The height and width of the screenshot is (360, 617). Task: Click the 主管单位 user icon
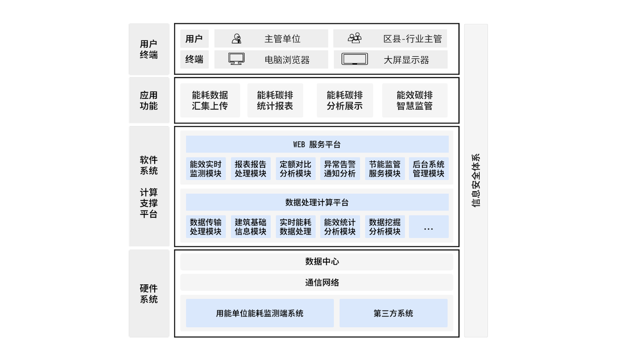(236, 39)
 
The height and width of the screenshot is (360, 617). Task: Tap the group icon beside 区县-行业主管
(354, 38)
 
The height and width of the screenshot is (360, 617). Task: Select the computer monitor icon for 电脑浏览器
(236, 59)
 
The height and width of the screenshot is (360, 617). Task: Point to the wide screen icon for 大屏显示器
(354, 59)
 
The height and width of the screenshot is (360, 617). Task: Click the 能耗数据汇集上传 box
(210, 101)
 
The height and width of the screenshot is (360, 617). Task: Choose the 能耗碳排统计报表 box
(275, 101)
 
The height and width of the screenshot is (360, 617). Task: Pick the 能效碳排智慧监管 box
(414, 101)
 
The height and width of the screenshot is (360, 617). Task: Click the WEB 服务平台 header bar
(317, 144)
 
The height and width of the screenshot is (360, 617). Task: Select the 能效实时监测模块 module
(206, 169)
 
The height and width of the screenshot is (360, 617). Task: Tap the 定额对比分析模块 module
(295, 169)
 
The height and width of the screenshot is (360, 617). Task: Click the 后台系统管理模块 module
(428, 169)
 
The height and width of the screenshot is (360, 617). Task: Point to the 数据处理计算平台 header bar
(317, 202)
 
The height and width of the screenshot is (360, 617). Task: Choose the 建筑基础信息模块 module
(250, 227)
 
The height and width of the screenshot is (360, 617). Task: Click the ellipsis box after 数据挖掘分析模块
(428, 227)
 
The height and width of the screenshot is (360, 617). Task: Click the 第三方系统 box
(393, 313)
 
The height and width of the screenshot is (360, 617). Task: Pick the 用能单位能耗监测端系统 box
(260, 313)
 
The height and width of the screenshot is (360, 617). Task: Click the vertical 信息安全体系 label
(476, 180)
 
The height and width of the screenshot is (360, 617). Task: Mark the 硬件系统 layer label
(149, 294)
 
